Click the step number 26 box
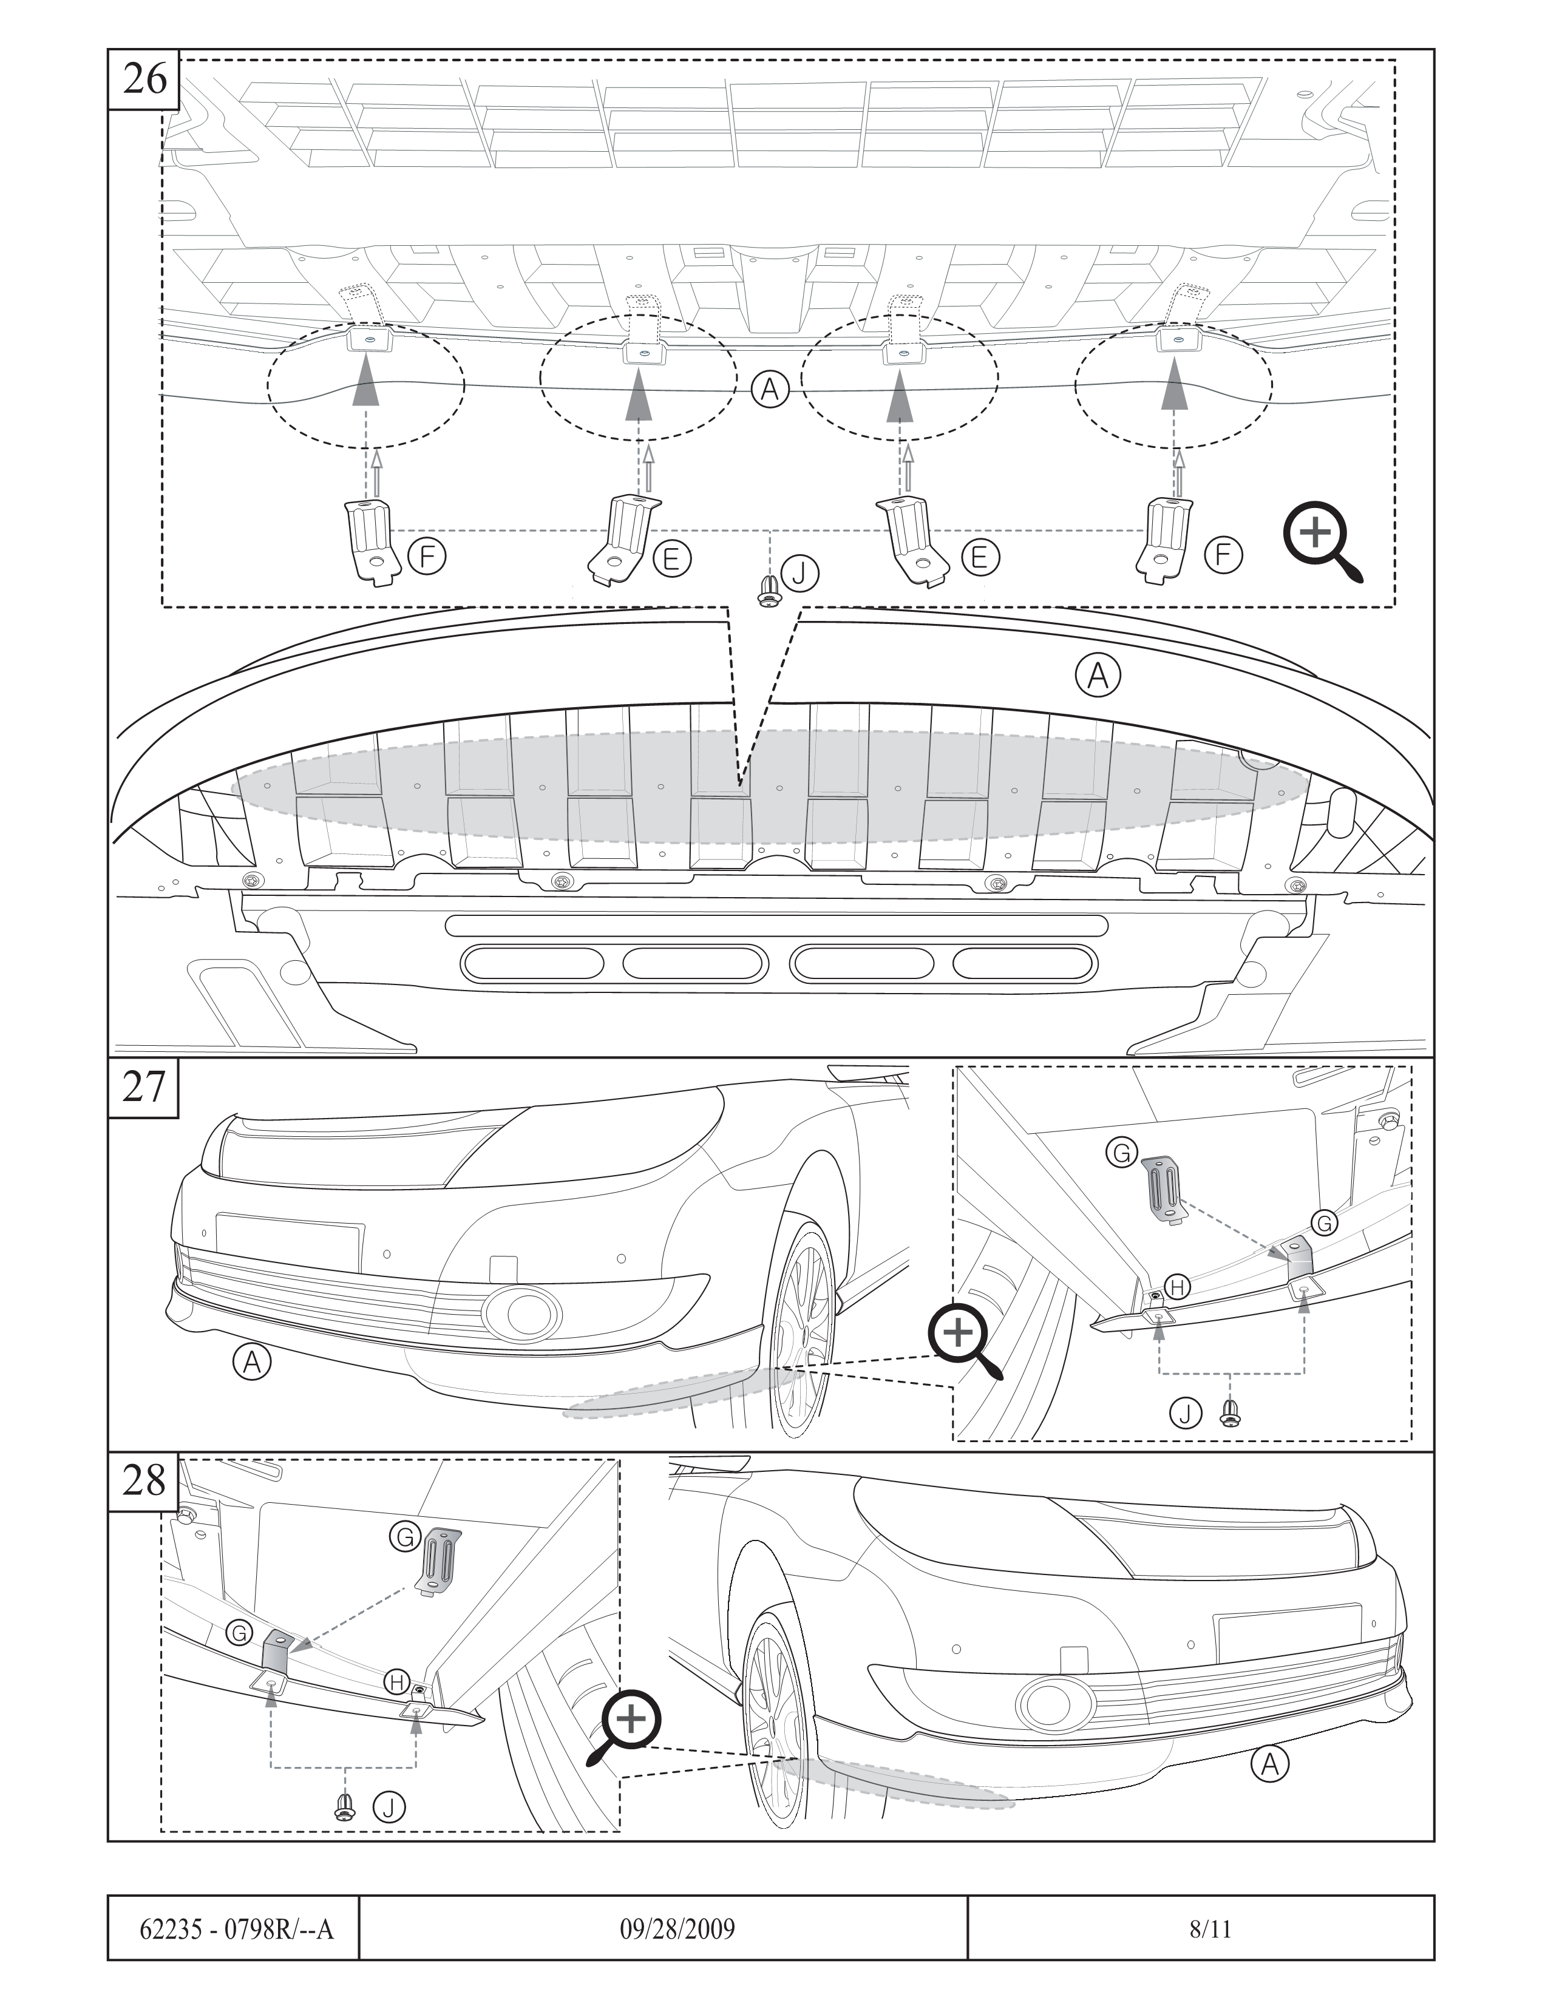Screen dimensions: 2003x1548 144,80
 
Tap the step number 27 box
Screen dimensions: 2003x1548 144,1088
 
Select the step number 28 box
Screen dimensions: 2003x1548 144,1481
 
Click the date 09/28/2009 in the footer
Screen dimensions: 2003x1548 677,1929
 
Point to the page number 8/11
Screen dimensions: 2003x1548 1210,1929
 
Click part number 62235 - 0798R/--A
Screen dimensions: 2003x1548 236,1929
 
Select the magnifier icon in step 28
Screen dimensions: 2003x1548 626,1723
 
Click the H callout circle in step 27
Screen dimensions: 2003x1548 1178,1287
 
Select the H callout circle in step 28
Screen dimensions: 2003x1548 397,1682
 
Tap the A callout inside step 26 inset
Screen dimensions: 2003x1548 770,390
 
